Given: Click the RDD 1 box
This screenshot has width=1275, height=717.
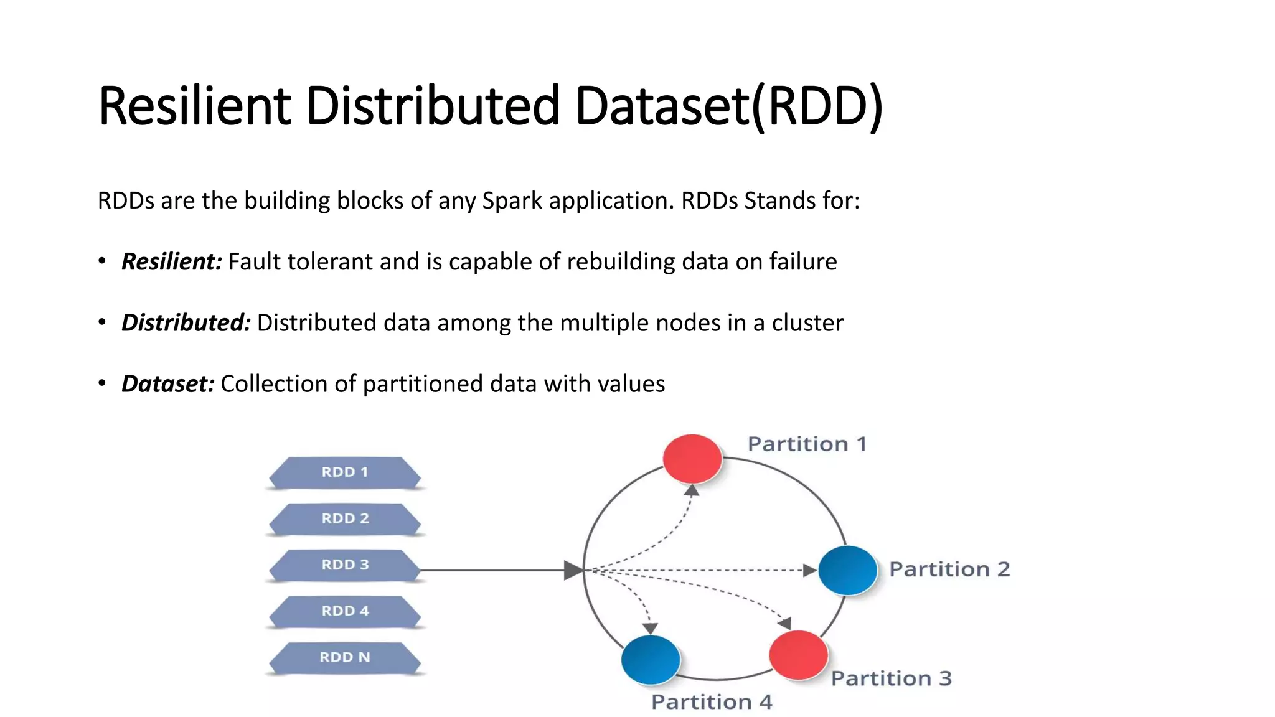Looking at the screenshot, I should point(345,473).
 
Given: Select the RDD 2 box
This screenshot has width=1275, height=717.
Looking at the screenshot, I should point(345,519).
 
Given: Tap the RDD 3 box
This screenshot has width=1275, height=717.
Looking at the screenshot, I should point(345,565).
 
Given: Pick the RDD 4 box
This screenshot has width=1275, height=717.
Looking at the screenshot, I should point(345,611).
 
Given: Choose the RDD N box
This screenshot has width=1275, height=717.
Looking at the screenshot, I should point(345,658).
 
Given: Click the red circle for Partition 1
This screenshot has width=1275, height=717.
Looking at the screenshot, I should point(692,459).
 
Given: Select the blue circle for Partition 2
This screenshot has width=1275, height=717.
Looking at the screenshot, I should point(847,570).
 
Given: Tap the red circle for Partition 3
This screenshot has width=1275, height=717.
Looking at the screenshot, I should point(798,655).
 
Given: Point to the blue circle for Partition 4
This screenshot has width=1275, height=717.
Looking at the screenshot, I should point(651,659).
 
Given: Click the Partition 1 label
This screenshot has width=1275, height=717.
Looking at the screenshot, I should point(807,444).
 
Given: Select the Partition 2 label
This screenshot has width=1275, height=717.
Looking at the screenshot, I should point(949,569).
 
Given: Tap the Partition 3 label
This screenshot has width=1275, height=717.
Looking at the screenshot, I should point(892,678).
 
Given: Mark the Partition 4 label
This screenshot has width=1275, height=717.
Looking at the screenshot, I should point(712,702).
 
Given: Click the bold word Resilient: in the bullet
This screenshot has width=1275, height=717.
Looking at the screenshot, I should point(171,261).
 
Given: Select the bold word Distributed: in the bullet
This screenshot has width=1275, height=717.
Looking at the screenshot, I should point(186,322).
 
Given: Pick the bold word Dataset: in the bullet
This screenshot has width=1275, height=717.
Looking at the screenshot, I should point(167,383).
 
